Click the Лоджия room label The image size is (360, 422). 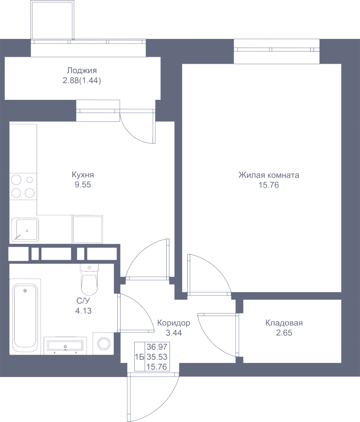point(82,70)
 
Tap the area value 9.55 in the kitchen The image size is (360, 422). point(83,185)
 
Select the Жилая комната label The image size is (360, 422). point(268,175)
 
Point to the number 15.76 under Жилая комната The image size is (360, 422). point(268,185)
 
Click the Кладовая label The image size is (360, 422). point(284,323)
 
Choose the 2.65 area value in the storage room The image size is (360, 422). point(284,333)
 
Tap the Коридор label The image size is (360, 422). point(174,323)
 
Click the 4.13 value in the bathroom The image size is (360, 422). point(83,311)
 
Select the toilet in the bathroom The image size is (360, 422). point(89,279)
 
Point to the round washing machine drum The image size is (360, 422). point(104,344)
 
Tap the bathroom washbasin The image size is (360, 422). point(65,346)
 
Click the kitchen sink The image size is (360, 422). point(25,230)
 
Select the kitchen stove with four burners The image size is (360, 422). point(23,186)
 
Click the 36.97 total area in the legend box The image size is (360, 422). point(157,347)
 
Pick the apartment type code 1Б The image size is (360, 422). point(139,357)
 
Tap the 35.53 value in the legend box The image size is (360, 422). point(157,357)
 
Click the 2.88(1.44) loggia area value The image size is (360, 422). point(82,81)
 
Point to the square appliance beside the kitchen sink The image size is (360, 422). point(87,229)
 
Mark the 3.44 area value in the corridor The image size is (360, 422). point(174,333)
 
